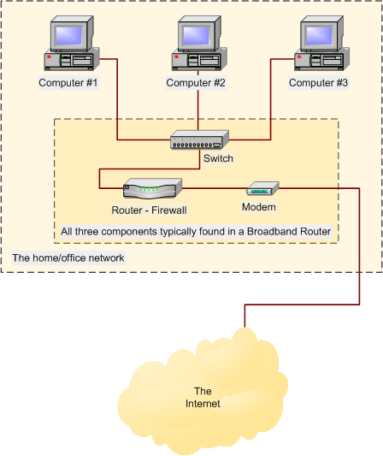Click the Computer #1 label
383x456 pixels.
point(68,83)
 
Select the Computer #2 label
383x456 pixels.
point(196,83)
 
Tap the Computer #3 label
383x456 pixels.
point(319,83)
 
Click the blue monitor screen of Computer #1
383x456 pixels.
point(69,35)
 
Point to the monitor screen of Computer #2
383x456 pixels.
point(197,35)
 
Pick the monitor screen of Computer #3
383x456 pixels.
point(320,35)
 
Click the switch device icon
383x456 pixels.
point(199,140)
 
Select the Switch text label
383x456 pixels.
point(218,158)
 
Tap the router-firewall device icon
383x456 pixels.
point(152,188)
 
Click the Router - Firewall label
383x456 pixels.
point(149,210)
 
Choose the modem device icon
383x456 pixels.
point(262,188)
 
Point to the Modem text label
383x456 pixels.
point(259,207)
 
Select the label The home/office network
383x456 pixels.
point(68,258)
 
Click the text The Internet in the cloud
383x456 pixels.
point(203,398)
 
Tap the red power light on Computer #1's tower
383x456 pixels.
point(49,56)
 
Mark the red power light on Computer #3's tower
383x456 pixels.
point(299,56)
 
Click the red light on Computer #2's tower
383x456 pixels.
point(177,56)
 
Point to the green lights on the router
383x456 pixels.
point(149,189)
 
